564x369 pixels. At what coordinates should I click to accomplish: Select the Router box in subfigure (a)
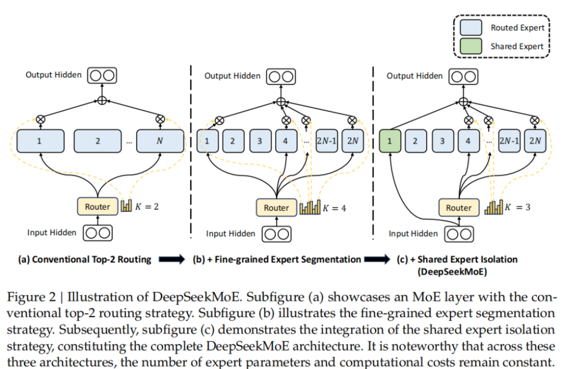(97, 206)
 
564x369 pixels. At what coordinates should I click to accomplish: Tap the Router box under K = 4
(276, 207)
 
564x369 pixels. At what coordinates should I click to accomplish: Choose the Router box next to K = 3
(458, 207)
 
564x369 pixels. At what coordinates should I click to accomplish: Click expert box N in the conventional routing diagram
(160, 141)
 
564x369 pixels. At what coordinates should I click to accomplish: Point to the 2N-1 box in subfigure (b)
(327, 141)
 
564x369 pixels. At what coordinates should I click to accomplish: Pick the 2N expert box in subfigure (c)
(534, 141)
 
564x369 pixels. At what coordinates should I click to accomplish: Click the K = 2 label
(148, 206)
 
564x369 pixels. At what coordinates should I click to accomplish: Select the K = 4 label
(335, 208)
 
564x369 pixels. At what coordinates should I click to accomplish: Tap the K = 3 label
(518, 207)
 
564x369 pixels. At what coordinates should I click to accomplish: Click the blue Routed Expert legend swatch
(471, 28)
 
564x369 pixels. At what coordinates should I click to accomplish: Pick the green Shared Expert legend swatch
(471, 47)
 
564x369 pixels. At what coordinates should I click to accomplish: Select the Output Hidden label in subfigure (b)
(232, 76)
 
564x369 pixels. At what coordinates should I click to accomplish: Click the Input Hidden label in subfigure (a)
(52, 233)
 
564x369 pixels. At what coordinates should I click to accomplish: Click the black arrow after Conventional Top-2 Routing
(171, 259)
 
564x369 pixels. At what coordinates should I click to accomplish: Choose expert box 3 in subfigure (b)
(260, 141)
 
